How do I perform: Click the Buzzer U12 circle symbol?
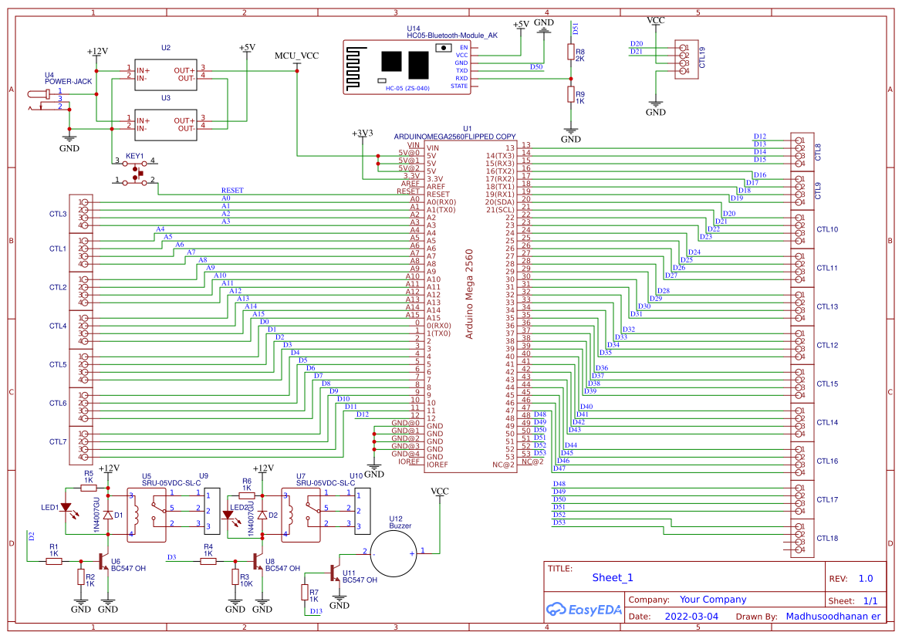click(x=395, y=553)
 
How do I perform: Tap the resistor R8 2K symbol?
click(x=571, y=52)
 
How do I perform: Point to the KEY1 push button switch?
click(x=136, y=171)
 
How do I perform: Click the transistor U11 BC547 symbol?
click(x=334, y=573)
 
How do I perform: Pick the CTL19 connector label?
click(x=701, y=59)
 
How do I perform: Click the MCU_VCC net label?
click(x=296, y=56)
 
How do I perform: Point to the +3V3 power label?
click(x=362, y=133)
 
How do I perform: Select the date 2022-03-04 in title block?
click(x=691, y=617)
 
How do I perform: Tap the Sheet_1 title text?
click(x=613, y=577)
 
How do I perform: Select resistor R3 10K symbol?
click(x=235, y=577)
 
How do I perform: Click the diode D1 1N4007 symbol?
click(x=108, y=515)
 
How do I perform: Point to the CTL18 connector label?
click(x=826, y=538)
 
